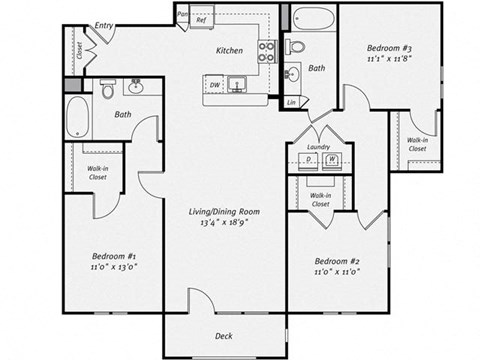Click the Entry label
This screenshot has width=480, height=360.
[104, 25]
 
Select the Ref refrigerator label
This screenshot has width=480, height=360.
[201, 19]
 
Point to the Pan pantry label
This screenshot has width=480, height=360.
[183, 14]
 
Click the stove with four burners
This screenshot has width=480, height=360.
[267, 52]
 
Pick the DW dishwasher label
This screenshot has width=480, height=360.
[213, 84]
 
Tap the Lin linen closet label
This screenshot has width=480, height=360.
[291, 102]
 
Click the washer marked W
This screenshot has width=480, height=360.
[332, 159]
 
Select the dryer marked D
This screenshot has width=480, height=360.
[310, 159]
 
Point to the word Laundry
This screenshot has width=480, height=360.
[319, 147]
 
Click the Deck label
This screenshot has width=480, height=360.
[225, 336]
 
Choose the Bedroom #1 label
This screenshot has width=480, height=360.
[112, 259]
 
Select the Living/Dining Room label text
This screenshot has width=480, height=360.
[226, 211]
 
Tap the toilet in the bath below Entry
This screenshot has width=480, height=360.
[108, 92]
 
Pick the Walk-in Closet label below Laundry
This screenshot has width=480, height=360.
[320, 199]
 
